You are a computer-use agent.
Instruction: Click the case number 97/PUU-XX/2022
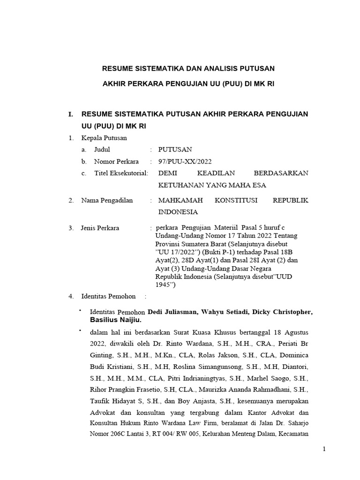click(x=186, y=162)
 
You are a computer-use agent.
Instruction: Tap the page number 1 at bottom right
click(x=323, y=449)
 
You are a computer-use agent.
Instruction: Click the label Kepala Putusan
click(x=104, y=138)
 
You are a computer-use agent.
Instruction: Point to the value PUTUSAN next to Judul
click(x=175, y=150)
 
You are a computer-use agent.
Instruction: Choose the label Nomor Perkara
click(x=116, y=162)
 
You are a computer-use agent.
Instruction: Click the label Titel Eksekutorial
click(x=121, y=173)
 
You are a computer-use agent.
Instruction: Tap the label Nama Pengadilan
click(x=107, y=201)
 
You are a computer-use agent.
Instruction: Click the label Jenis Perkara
click(x=100, y=228)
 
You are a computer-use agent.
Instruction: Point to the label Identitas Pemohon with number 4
click(x=108, y=296)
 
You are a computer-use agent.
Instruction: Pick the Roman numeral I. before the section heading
click(x=71, y=114)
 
